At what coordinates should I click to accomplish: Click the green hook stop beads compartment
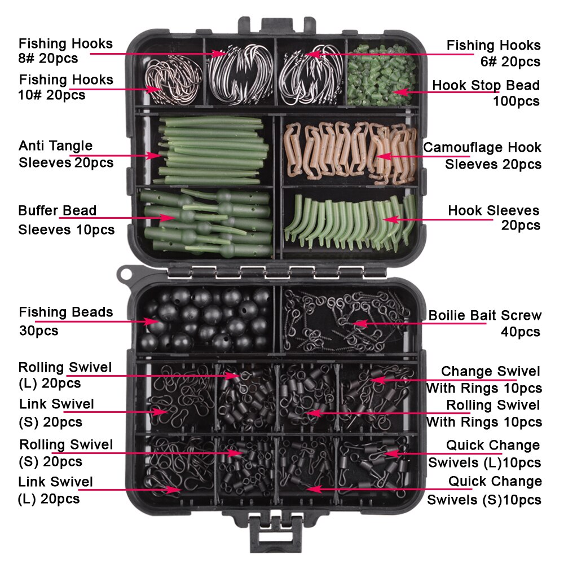click(382, 73)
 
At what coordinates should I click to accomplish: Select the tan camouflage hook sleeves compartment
click(350, 149)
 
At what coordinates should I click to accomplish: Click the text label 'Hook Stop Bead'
click(486, 86)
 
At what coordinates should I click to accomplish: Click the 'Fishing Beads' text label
click(66, 312)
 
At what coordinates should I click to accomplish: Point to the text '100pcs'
click(516, 102)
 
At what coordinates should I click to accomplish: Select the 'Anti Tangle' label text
click(55, 146)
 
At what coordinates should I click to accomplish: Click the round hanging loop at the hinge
click(125, 275)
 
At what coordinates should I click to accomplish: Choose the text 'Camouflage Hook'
click(482, 148)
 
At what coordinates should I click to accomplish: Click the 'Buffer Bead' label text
click(58, 211)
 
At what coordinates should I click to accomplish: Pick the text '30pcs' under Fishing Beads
click(38, 330)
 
